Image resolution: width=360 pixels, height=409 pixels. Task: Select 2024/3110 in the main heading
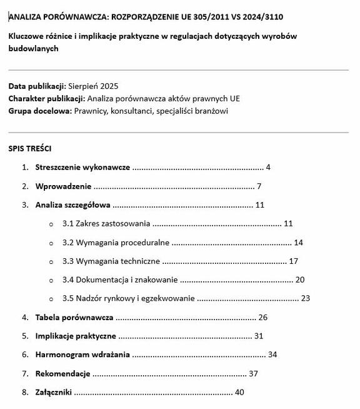pyautogui.click(x=253, y=17)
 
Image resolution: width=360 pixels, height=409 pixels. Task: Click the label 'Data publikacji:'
pyautogui.click(x=37, y=86)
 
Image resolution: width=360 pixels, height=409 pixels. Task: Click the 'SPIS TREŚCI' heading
pyautogui.click(x=30, y=149)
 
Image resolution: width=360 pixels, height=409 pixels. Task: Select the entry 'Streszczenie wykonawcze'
pyautogui.click(x=82, y=168)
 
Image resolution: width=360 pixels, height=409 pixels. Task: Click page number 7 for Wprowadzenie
pyautogui.click(x=259, y=186)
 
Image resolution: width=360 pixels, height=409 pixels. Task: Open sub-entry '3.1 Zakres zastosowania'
pyautogui.click(x=106, y=223)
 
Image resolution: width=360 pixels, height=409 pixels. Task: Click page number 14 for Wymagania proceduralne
pyautogui.click(x=298, y=242)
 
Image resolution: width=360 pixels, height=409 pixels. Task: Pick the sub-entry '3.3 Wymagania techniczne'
pyautogui.click(x=111, y=261)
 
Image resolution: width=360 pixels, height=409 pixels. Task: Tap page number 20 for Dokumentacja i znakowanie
pyautogui.click(x=300, y=280)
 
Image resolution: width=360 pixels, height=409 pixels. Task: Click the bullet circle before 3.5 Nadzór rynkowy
pyautogui.click(x=51, y=299)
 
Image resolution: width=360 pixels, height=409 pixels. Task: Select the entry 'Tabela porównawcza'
pyautogui.click(x=74, y=317)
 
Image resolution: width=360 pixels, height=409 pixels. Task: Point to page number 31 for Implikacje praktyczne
pyautogui.click(x=259, y=336)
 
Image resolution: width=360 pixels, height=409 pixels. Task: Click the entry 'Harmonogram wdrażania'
pyautogui.click(x=82, y=355)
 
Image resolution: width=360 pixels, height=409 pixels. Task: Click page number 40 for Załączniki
pyautogui.click(x=239, y=392)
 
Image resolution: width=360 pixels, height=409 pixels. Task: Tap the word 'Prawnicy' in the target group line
pyautogui.click(x=90, y=111)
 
